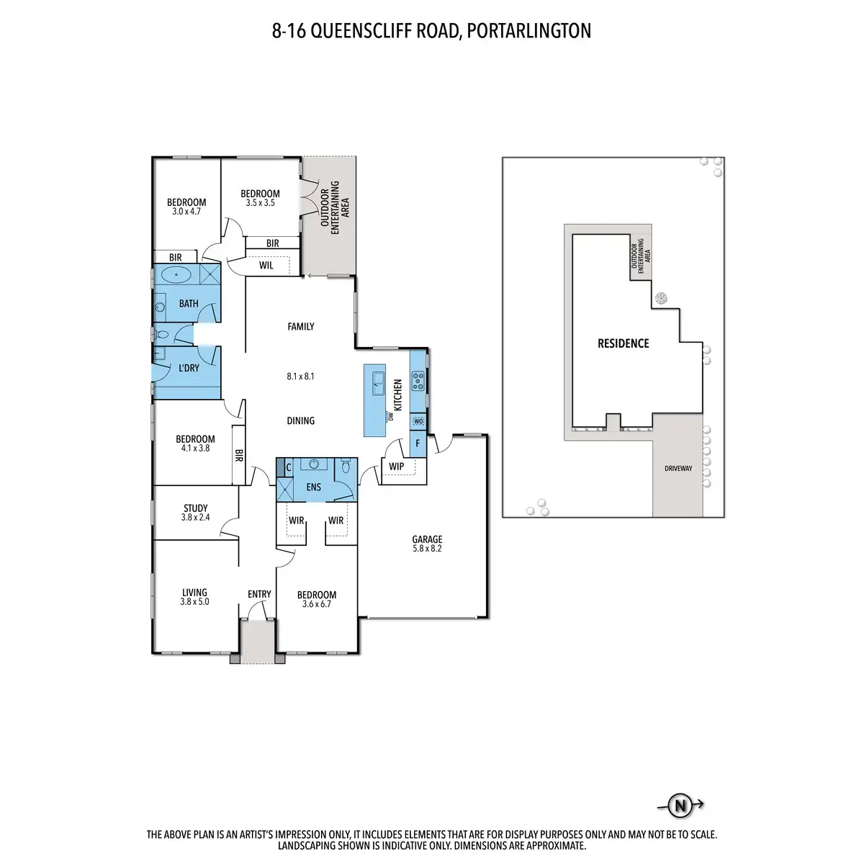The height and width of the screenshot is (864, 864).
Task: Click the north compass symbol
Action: click(x=679, y=806)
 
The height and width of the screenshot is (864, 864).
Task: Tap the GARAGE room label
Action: click(x=427, y=539)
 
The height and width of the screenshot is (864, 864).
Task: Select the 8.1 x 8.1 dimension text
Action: click(x=300, y=376)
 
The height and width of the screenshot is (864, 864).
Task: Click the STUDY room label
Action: click(x=195, y=508)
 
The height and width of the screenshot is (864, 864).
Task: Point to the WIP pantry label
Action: click(x=396, y=467)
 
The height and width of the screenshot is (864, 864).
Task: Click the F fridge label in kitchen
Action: click(x=418, y=444)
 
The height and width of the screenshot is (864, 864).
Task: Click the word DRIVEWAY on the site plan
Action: click(x=678, y=469)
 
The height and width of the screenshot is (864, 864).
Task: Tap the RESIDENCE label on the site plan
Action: click(x=624, y=344)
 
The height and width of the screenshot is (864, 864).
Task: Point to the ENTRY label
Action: click(x=259, y=594)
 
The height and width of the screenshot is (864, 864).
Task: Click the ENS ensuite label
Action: click(x=314, y=487)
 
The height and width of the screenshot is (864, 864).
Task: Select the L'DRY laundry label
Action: click(x=189, y=368)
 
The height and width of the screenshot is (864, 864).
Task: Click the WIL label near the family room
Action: click(x=266, y=265)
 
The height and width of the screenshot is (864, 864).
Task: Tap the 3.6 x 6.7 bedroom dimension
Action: click(x=317, y=603)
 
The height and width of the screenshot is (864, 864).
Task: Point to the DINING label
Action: click(x=300, y=420)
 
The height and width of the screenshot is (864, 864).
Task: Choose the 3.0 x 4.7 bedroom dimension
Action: click(x=186, y=212)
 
